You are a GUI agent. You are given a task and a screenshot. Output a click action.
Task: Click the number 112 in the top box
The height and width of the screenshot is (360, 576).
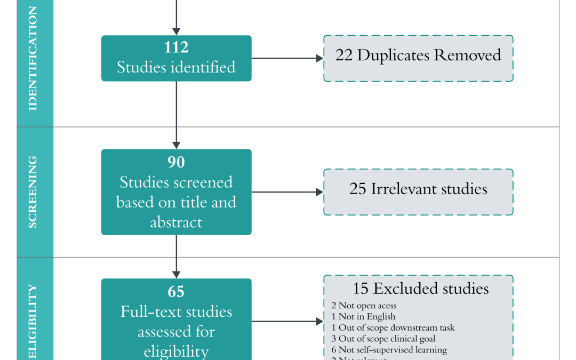(x=176, y=47)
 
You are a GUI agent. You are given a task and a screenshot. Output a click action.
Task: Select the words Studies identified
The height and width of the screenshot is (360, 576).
(x=176, y=67)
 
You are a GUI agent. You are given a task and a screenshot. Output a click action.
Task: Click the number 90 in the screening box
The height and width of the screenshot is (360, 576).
(x=176, y=162)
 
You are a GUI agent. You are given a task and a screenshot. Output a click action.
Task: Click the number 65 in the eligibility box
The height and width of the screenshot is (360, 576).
(x=176, y=291)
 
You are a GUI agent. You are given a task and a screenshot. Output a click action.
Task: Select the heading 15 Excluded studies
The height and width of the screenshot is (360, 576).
(x=420, y=289)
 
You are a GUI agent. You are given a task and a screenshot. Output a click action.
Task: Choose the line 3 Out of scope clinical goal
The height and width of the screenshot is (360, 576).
(x=383, y=339)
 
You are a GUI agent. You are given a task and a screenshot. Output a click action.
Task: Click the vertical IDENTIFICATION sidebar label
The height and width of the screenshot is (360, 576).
(x=33, y=59)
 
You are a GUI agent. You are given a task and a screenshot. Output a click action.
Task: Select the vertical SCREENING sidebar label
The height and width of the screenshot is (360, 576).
(x=33, y=192)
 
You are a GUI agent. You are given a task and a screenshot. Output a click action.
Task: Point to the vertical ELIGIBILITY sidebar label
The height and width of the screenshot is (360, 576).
(x=33, y=320)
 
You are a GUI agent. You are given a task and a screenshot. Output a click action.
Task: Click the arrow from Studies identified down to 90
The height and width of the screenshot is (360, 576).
(x=176, y=115)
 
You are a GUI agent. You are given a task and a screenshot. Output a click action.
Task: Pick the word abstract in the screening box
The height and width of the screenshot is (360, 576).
(x=176, y=222)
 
